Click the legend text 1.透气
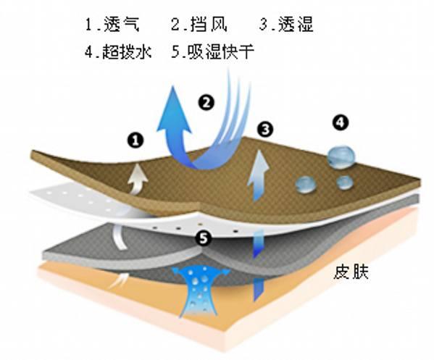tap(112, 24)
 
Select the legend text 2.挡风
tap(199, 24)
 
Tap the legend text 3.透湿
tap(286, 24)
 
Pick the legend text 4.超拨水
tap(118, 51)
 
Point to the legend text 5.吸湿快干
tap(212, 51)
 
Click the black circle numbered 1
tap(135, 140)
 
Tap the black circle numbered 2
tap(206, 102)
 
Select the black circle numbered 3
tap(265, 129)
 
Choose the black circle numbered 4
tap(341, 122)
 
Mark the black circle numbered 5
tap(204, 238)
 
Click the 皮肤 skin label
tap(351, 272)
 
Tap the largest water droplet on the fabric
tap(341, 157)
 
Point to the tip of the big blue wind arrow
tap(173, 86)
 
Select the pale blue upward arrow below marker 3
tap(258, 175)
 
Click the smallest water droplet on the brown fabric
tap(345, 183)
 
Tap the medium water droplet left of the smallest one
tap(306, 185)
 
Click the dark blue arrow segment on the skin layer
tap(258, 290)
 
